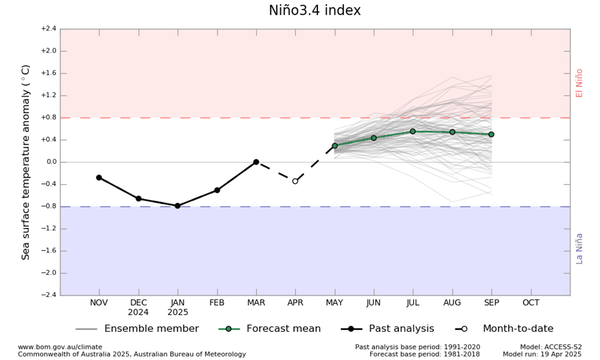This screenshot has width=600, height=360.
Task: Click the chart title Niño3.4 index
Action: [314, 11]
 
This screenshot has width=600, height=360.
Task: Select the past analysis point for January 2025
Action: [177, 206]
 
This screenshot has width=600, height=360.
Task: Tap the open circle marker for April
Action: [295, 181]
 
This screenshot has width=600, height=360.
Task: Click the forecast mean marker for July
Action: [413, 131]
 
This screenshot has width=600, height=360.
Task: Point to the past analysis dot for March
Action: [256, 162]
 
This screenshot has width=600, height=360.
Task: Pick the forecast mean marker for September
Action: [491, 134]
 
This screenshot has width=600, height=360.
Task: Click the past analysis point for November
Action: [99, 177]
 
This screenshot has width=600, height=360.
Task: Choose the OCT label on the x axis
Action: [531, 303]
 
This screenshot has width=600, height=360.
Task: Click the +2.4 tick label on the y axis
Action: [48, 29]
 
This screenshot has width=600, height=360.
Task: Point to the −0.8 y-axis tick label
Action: [48, 207]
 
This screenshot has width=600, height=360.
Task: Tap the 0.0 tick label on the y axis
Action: [49, 162]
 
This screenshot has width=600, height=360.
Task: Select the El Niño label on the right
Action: [579, 83]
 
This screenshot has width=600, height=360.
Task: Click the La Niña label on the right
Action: [579, 248]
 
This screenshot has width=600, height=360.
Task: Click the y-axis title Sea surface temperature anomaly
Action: [26, 162]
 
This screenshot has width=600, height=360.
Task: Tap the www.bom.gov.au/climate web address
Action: [60, 347]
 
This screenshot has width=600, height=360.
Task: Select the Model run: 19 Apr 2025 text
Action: [542, 354]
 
